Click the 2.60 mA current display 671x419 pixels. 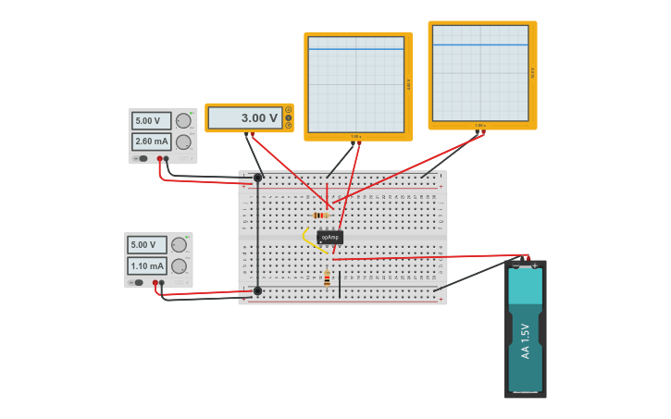tap(152, 142)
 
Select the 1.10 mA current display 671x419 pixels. tap(147, 265)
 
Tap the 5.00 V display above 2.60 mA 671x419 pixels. tap(152, 120)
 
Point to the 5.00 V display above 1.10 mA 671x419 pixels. tap(147, 245)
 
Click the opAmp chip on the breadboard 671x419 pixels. tap(329, 237)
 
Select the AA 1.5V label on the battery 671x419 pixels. tap(525, 340)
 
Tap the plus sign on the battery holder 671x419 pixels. tap(534, 266)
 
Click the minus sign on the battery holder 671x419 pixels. tap(516, 266)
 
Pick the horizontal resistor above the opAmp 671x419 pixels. tap(320, 216)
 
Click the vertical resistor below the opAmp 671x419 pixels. tap(327, 278)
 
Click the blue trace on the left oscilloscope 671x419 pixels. tap(356, 48)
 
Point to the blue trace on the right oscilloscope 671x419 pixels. tap(479, 44)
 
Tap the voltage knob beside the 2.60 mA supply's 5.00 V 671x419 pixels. tap(183, 120)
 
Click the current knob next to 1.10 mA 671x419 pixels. tap(179, 266)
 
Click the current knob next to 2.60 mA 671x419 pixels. tap(183, 142)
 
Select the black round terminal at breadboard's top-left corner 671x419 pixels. tap(257, 178)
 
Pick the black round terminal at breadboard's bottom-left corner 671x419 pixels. tap(257, 290)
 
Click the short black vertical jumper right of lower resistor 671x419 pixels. tap(340, 285)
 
